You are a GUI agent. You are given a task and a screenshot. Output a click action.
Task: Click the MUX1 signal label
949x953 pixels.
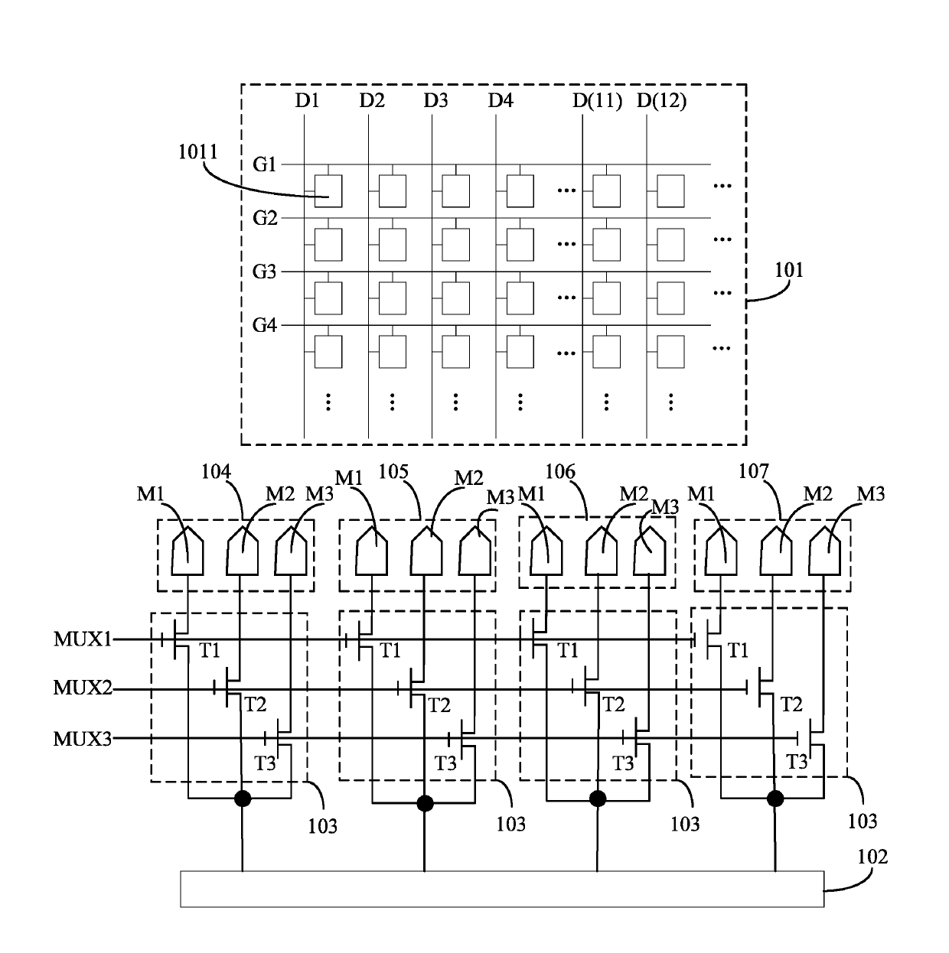pyautogui.click(x=83, y=639)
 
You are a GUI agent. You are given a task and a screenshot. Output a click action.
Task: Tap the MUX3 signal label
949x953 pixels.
pyautogui.click(x=83, y=738)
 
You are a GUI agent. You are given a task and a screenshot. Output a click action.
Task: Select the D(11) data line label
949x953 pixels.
pyautogui.click(x=597, y=100)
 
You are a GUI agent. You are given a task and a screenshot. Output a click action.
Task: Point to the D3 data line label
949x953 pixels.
pyautogui.click(x=435, y=100)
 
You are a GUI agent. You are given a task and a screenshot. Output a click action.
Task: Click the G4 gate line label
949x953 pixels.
pyautogui.click(x=264, y=325)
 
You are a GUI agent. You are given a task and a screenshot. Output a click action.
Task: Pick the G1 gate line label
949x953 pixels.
pyautogui.click(x=264, y=164)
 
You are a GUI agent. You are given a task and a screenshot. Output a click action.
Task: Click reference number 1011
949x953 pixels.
pyautogui.click(x=198, y=152)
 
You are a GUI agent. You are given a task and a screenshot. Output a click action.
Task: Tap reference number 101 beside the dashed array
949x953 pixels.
pyautogui.click(x=788, y=270)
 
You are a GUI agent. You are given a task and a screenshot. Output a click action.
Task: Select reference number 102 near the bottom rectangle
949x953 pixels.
pyautogui.click(x=872, y=857)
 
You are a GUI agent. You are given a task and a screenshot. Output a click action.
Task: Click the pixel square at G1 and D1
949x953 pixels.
pyautogui.click(x=328, y=191)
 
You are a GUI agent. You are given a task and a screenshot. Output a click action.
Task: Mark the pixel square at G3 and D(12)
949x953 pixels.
pyautogui.click(x=670, y=298)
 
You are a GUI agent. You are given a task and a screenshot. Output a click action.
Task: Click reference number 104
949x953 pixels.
pyautogui.click(x=216, y=472)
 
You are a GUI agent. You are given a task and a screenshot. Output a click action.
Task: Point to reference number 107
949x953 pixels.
pyautogui.click(x=753, y=472)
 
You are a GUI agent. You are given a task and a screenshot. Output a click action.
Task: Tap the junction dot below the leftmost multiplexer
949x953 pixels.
pyautogui.click(x=243, y=799)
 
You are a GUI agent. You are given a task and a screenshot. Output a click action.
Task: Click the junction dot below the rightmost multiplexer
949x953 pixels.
pyautogui.click(x=775, y=799)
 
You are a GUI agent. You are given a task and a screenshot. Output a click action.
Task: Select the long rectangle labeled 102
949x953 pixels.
pyautogui.click(x=502, y=889)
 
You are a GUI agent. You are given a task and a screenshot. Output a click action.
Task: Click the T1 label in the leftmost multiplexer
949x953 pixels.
pyautogui.click(x=210, y=651)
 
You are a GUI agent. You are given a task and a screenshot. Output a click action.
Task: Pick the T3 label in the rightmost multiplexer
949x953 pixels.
pyautogui.click(x=797, y=762)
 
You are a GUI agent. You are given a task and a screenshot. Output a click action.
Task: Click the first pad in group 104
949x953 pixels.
pyautogui.click(x=188, y=551)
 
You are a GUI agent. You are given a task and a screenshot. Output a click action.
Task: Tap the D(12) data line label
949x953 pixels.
pyautogui.click(x=661, y=100)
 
